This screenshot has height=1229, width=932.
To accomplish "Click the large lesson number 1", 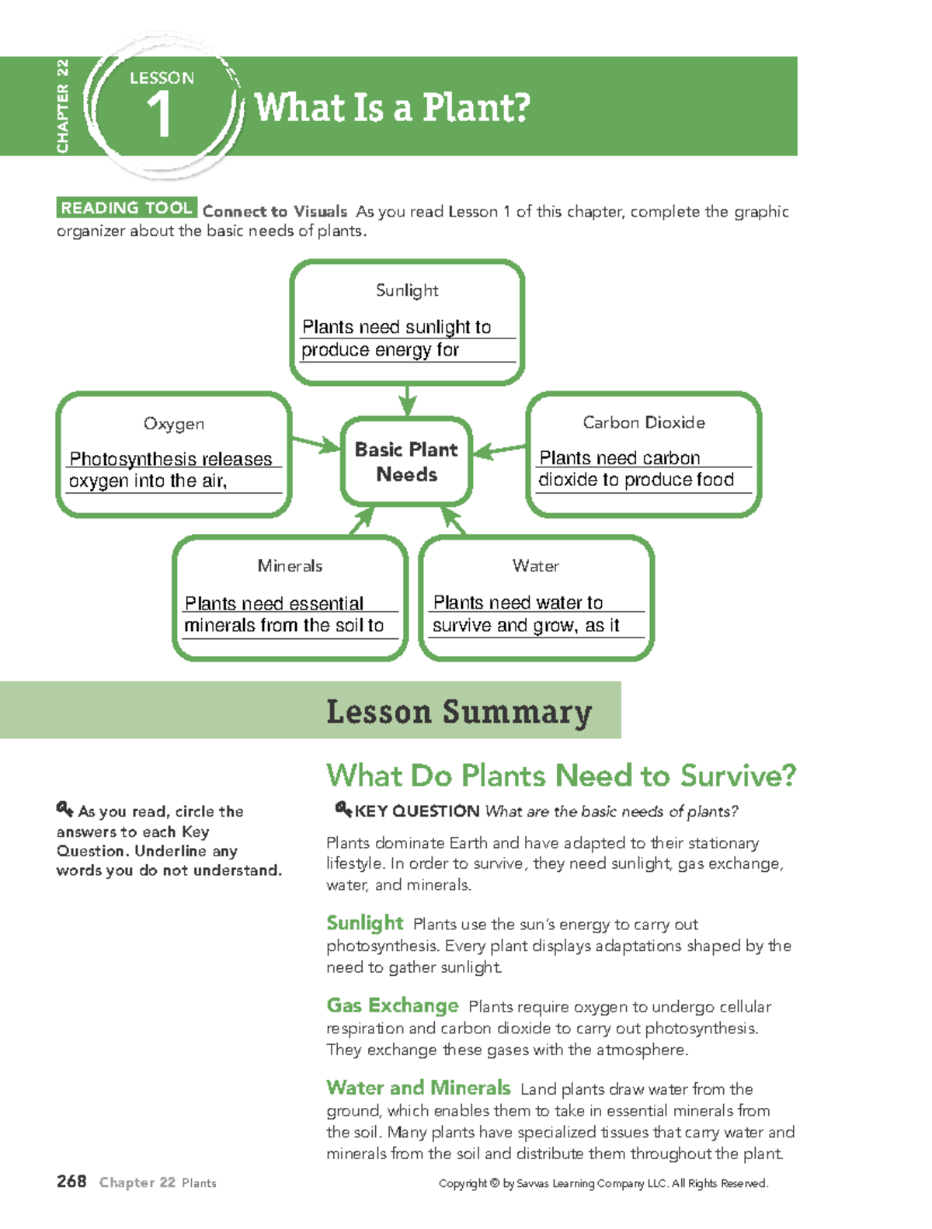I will (x=159, y=115).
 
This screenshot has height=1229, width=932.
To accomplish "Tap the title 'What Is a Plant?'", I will (x=392, y=107).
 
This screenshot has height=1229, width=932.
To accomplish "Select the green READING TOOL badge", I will (x=127, y=208).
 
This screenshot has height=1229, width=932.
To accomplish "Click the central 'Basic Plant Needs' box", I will (x=406, y=462).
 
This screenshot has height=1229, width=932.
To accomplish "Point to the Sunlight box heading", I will (x=407, y=290).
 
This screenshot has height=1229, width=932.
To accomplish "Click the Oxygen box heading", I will (x=174, y=424).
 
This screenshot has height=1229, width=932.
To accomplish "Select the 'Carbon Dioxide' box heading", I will (x=644, y=422).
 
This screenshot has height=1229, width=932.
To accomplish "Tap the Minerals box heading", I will (x=290, y=566).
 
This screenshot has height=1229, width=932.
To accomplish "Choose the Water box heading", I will (x=536, y=566).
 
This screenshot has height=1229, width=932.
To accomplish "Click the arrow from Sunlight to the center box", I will (x=407, y=401).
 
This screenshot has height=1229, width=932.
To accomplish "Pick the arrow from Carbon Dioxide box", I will (x=499, y=450).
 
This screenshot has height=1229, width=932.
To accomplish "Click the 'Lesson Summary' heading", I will (x=459, y=712).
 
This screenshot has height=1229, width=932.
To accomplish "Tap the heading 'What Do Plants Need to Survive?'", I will (x=561, y=776).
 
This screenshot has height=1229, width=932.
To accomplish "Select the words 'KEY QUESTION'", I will (x=417, y=811).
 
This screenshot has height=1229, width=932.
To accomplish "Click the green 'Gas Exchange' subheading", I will (x=392, y=1005).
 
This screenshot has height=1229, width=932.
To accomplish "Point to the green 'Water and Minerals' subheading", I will (x=418, y=1088).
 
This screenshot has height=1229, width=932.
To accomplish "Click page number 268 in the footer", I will (x=71, y=1182).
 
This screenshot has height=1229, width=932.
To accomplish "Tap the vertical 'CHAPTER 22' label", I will (x=63, y=106).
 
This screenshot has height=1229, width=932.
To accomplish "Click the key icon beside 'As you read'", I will (x=64, y=810).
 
